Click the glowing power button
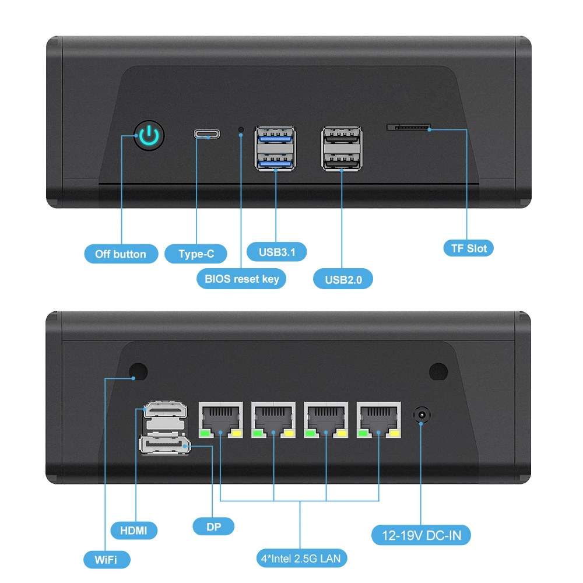pos(149,136)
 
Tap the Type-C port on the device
pos(207,135)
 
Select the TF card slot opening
pos(409,127)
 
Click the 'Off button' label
pos(121,254)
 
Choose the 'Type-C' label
pos(196,254)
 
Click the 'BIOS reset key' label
pos(241,279)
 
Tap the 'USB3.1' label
pos(277,252)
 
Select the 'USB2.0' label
pos(343,279)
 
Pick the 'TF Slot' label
pos(468,248)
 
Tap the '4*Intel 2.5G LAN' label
pos(301,559)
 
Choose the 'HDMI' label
pos(134,530)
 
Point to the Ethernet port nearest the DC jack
pos(380,419)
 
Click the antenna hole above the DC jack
pos(438,371)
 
